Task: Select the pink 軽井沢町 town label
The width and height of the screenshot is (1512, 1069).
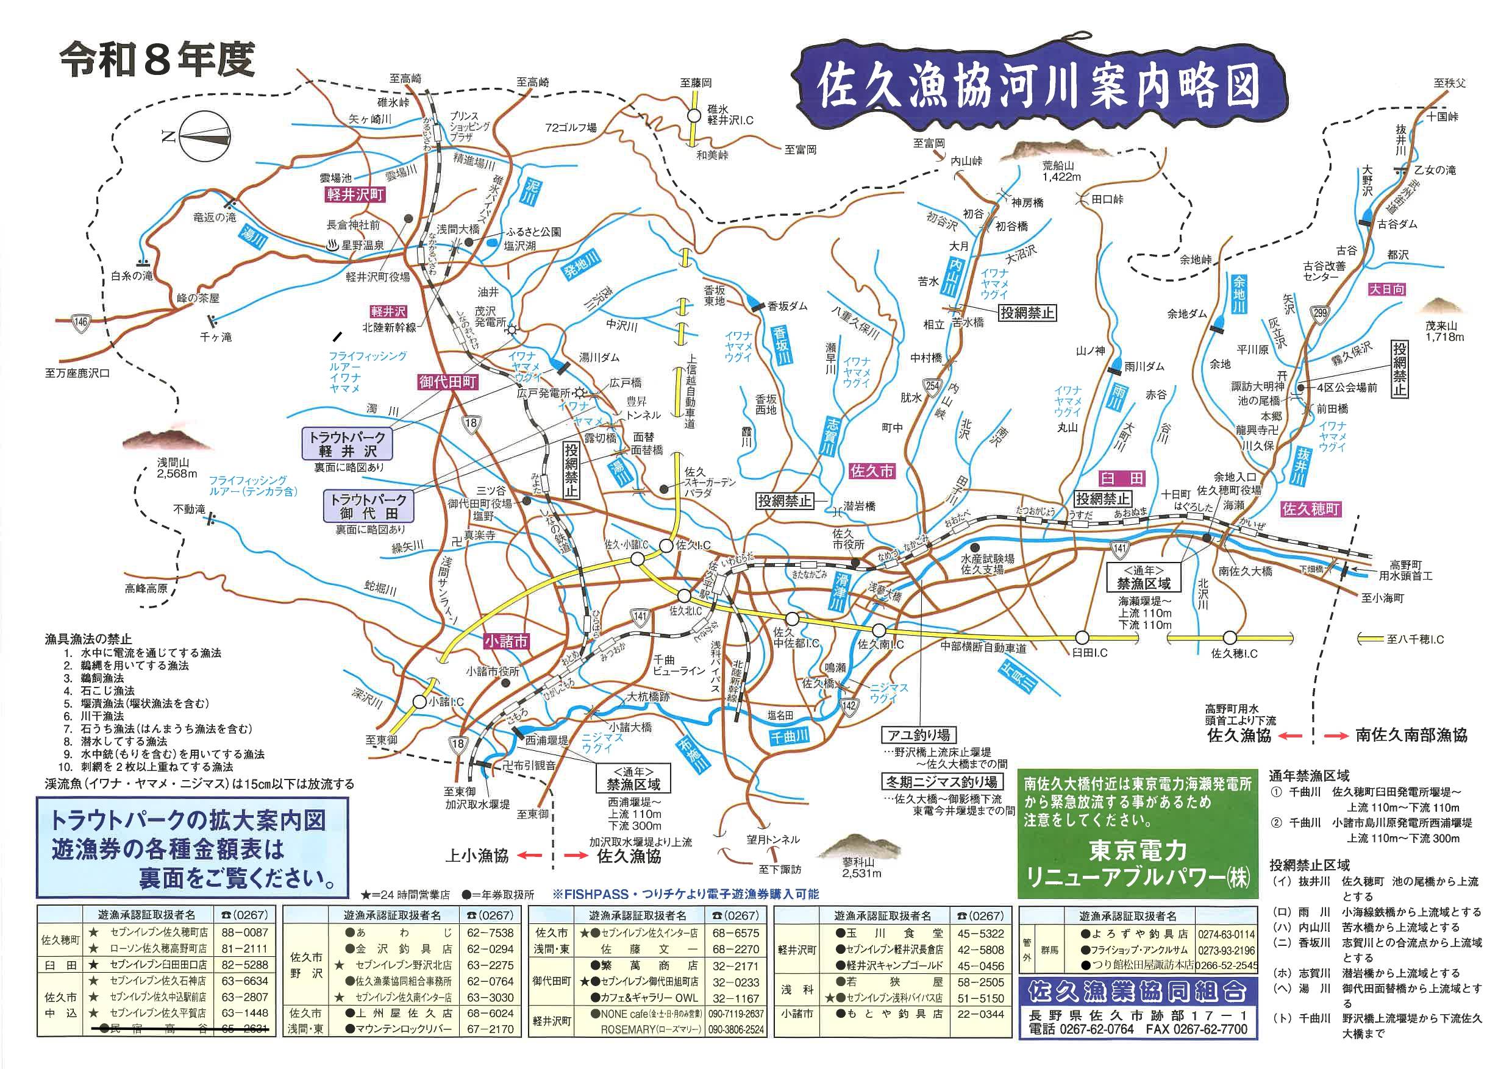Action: pyautogui.click(x=355, y=195)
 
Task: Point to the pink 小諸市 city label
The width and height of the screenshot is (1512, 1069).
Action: pyautogui.click(x=506, y=641)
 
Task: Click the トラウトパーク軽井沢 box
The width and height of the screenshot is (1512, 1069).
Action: pyautogui.click(x=348, y=444)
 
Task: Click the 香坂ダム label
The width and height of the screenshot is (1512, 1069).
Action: pyautogui.click(x=787, y=305)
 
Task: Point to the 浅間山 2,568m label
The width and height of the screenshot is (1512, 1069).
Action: pyautogui.click(x=176, y=467)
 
